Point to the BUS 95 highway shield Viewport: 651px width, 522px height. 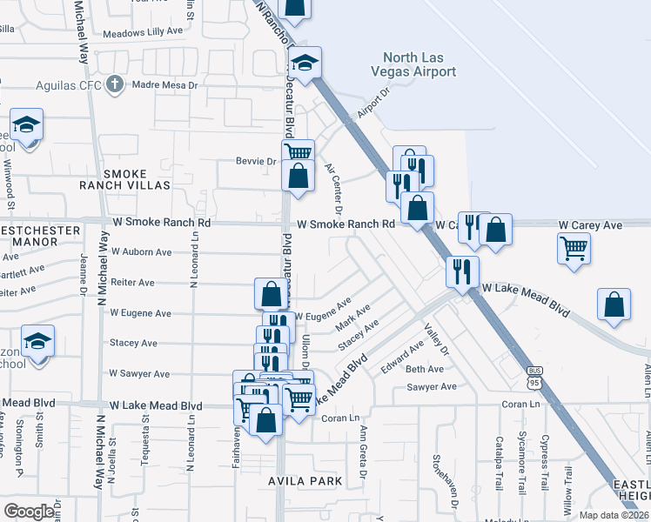pos(534,378)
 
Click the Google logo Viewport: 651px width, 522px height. pos(30,512)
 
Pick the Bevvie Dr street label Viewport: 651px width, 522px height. pos(255,161)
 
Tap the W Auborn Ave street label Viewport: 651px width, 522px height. pos(139,252)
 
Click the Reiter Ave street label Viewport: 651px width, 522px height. pos(132,283)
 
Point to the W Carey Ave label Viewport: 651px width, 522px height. pos(590,225)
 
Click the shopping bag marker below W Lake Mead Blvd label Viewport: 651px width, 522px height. pos(614,305)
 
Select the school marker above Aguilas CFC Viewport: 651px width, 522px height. pos(305,63)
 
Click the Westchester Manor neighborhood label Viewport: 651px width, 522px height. pos(39,231)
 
